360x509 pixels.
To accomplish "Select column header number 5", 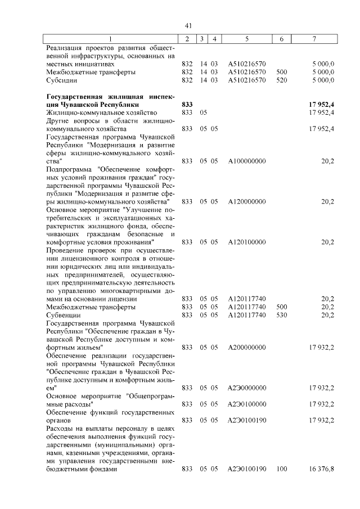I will (247, 39).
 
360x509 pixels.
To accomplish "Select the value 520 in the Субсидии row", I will (282, 80).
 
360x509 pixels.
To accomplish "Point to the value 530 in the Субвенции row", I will (282, 316).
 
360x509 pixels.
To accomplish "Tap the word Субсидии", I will (62, 80).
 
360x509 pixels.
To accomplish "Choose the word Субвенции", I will (64, 316).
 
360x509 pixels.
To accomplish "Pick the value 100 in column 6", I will (282, 469).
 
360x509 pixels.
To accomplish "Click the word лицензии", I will (139, 299).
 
